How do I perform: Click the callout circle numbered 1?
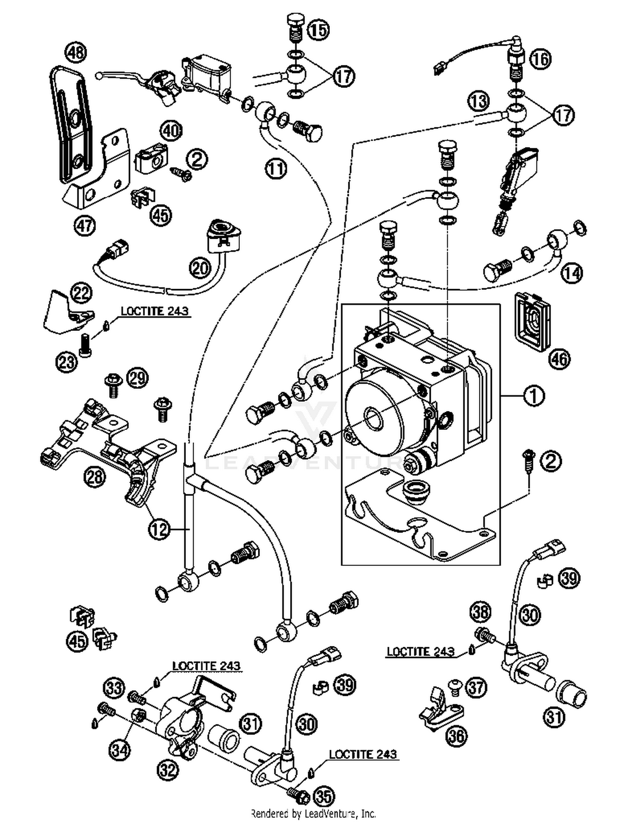534,395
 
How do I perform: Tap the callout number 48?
76,53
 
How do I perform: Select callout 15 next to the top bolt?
319,29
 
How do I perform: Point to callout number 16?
540,59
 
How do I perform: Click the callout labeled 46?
560,359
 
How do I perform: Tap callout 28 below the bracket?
95,476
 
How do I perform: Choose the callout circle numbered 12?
159,529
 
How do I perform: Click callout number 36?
456,735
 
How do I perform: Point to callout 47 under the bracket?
85,226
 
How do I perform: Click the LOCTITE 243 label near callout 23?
154,311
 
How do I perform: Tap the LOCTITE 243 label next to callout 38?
420,651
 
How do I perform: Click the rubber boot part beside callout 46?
532,320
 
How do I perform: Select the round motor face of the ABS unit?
373,419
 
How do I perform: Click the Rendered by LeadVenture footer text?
313,813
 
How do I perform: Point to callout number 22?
81,293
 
